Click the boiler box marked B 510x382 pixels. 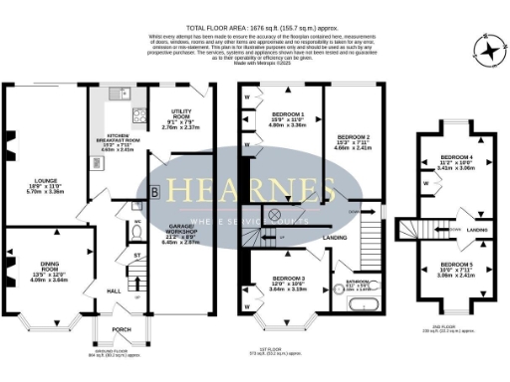point(153,191)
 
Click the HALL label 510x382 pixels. point(114,290)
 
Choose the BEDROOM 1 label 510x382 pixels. point(288,116)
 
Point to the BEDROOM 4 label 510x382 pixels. point(457,161)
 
